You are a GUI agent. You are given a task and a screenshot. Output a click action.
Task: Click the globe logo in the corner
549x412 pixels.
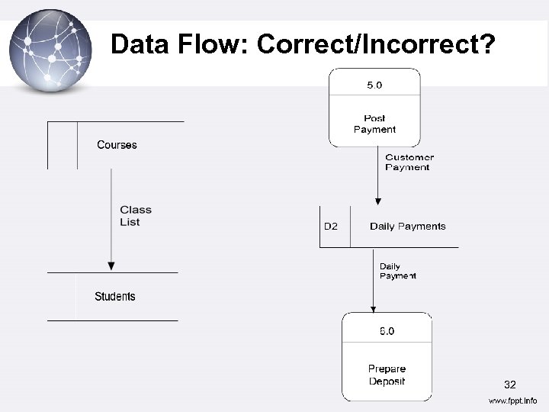click(x=50, y=50)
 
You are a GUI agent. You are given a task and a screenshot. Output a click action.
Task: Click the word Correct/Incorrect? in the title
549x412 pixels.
click(x=376, y=44)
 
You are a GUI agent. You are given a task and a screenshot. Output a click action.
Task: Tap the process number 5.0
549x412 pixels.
click(x=374, y=85)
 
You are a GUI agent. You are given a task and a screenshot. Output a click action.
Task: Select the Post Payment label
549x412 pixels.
click(x=374, y=124)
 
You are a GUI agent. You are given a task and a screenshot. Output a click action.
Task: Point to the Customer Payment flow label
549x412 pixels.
click(x=409, y=163)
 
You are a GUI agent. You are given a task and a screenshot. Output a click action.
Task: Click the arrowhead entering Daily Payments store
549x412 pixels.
click(x=377, y=201)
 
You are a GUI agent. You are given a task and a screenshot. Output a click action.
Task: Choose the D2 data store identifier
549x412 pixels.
click(x=331, y=227)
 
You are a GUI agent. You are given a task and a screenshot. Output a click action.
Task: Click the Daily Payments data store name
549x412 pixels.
click(x=407, y=227)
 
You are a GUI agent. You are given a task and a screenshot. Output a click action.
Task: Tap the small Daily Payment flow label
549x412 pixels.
click(x=398, y=271)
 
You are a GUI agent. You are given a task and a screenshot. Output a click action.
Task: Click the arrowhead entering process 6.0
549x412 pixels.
click(x=374, y=309)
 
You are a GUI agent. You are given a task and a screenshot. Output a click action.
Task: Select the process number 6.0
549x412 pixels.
click(x=387, y=331)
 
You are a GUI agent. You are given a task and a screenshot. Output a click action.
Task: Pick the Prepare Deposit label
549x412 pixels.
click(x=387, y=375)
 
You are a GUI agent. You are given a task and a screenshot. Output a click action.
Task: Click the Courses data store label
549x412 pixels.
click(x=117, y=145)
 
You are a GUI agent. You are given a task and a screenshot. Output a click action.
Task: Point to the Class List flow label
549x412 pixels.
click(x=136, y=216)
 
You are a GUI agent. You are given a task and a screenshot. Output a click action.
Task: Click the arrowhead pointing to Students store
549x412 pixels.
click(x=111, y=266)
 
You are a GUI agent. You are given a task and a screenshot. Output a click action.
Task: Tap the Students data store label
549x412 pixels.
click(x=115, y=297)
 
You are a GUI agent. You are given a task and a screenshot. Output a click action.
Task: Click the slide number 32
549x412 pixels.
click(x=510, y=385)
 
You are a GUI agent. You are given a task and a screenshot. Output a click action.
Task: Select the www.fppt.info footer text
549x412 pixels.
click(x=512, y=401)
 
